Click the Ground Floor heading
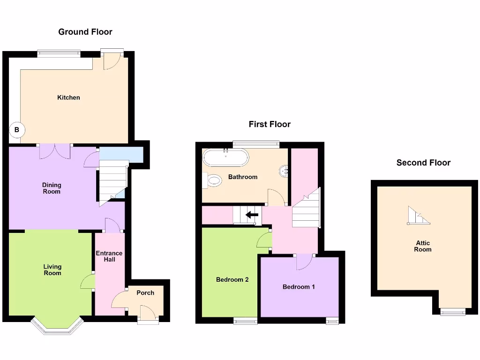(85, 32)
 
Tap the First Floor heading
(270, 124)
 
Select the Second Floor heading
(423, 163)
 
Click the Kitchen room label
(68, 97)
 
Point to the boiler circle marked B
(17, 130)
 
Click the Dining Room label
(52, 188)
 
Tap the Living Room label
(52, 270)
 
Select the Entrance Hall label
(109, 256)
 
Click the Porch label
(145, 292)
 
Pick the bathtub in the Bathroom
(225, 157)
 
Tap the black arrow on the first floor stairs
(252, 215)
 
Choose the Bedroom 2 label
(232, 279)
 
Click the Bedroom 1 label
(299, 286)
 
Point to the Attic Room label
(422, 246)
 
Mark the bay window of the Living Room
(57, 327)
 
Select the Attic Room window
(453, 312)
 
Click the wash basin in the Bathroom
(284, 172)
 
